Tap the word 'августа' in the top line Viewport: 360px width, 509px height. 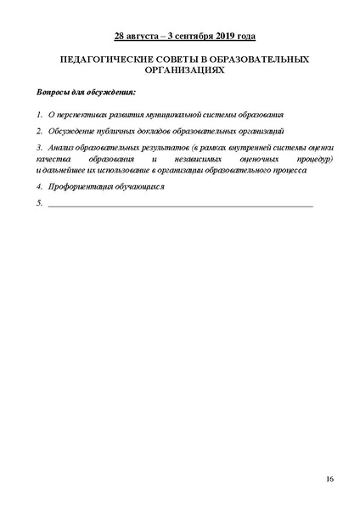(143, 37)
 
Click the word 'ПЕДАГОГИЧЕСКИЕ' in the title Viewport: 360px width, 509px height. (92, 62)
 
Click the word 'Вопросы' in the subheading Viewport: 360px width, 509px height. (54, 92)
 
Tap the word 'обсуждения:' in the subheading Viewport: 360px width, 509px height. (110, 92)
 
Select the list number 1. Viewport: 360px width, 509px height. (39, 114)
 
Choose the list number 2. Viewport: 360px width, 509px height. (39, 132)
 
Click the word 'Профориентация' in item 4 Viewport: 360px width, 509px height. (82, 186)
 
